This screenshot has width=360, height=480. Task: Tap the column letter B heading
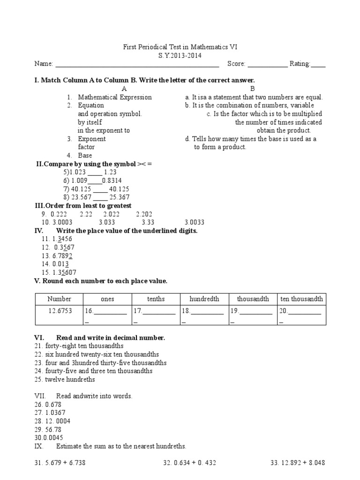click(252, 89)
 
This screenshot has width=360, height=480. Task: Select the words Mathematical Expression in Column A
click(115, 97)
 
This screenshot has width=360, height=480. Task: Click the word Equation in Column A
click(91, 105)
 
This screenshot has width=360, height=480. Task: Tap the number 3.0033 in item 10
click(195, 222)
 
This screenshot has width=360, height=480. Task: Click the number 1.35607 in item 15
click(66, 272)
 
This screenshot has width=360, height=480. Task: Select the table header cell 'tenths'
click(156, 299)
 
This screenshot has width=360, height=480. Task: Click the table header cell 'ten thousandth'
click(301, 299)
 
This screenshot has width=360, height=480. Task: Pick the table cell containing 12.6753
click(60, 311)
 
